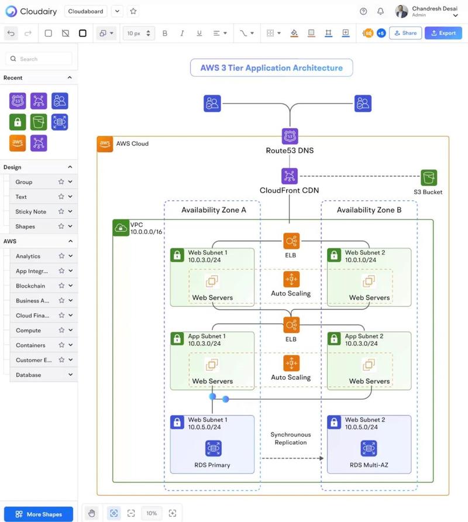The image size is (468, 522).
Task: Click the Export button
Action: tap(443, 33)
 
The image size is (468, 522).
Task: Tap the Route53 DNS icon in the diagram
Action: tap(290, 136)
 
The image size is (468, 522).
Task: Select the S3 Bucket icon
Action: tap(429, 177)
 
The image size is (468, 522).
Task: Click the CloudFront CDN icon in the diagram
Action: tap(290, 176)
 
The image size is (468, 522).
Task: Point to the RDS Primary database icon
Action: tap(214, 448)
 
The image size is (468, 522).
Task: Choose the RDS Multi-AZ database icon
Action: tap(369, 448)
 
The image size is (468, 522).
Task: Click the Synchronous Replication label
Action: tap(291, 438)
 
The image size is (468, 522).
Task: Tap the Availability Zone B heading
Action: tap(369, 210)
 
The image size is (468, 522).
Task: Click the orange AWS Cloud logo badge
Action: tap(105, 144)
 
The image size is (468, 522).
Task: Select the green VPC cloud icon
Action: tap(121, 228)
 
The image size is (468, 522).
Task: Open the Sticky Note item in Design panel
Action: tap(30, 212)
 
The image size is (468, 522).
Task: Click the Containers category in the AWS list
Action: tap(30, 345)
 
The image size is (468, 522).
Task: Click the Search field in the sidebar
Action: tap(39, 59)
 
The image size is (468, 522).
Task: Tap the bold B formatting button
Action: tap(165, 33)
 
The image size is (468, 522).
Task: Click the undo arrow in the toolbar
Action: tap(11, 33)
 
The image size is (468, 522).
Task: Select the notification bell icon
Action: tap(380, 11)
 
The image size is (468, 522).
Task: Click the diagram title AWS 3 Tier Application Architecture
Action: tap(271, 68)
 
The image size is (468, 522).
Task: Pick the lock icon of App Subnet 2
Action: tap(334, 339)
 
